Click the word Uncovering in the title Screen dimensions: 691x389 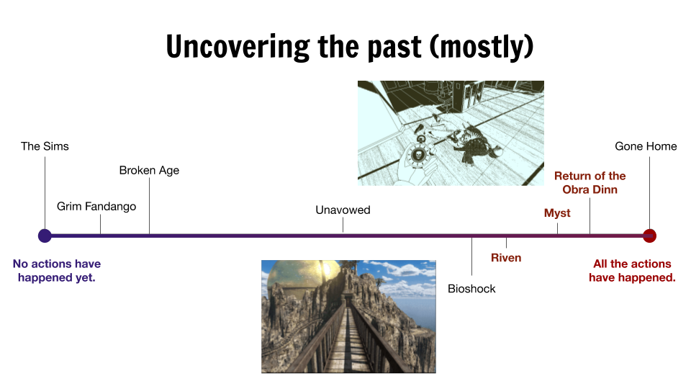pos(238,47)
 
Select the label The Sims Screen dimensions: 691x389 pos(45,146)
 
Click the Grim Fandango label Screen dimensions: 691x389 pos(96,207)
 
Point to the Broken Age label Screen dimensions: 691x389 pos(150,171)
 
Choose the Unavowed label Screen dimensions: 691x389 pos(343,210)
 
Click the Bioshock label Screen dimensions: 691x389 pos(471,289)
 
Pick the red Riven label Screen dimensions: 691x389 pos(506,258)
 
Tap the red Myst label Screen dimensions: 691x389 pos(557,213)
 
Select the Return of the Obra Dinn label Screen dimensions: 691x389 pos(590,182)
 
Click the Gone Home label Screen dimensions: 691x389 pos(646,146)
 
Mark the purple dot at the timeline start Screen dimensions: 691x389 pos(45,236)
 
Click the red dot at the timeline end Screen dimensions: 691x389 pos(649,236)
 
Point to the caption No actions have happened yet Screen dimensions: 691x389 pos(57,270)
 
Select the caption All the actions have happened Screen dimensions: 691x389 pos(633,270)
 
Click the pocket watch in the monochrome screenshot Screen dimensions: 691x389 pos(417,154)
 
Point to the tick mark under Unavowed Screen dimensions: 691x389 pos(343,225)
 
